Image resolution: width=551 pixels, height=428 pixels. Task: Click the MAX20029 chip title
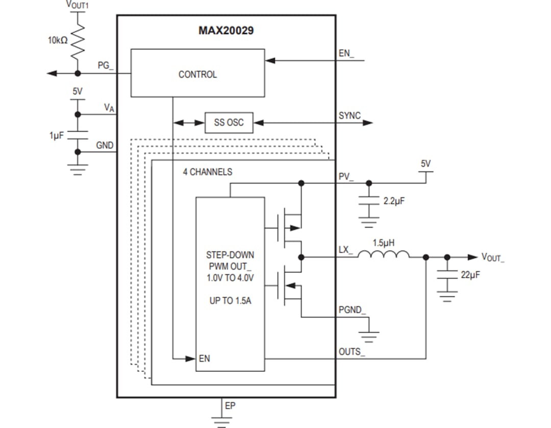click(x=226, y=31)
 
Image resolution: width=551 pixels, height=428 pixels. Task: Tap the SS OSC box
click(x=229, y=123)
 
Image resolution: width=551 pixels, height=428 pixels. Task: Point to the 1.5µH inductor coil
click(x=383, y=255)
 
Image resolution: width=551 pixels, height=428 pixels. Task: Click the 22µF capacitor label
click(x=470, y=274)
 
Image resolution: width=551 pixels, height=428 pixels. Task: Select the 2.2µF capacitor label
click(x=393, y=201)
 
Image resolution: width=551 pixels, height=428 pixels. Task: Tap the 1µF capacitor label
click(x=56, y=135)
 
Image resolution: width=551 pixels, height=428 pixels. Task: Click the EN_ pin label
click(x=346, y=54)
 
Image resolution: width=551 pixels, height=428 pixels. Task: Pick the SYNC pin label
click(x=349, y=116)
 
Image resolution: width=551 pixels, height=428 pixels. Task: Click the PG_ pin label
click(x=106, y=66)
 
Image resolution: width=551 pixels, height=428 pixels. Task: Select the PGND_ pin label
click(x=352, y=310)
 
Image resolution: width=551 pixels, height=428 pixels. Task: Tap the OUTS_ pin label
click(x=352, y=352)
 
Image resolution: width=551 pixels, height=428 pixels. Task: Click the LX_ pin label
click(x=345, y=250)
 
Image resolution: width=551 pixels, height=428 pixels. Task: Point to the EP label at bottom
click(x=230, y=406)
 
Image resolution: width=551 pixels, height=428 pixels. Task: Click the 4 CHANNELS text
click(x=207, y=172)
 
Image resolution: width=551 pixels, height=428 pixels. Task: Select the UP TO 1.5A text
click(x=230, y=301)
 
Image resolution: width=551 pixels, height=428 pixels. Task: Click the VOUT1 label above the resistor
click(x=78, y=5)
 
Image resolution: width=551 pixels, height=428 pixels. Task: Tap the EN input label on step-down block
click(x=204, y=359)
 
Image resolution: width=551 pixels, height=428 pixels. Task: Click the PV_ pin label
click(x=345, y=177)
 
